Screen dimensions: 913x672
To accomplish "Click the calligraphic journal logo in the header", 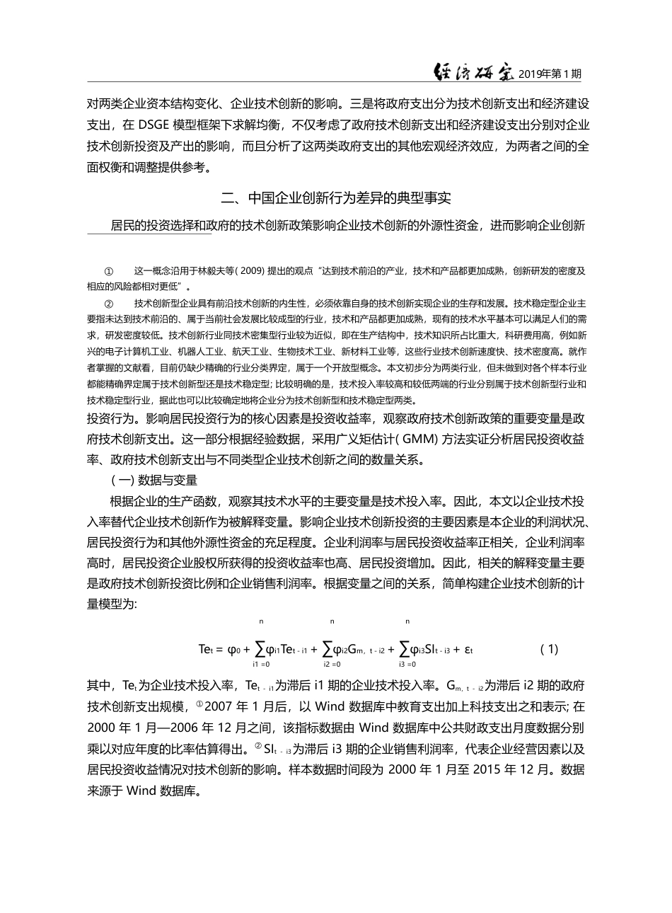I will (x=473, y=73).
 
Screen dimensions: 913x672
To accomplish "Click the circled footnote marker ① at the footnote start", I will (x=108, y=271).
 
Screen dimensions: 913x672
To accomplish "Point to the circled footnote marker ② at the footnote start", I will (x=108, y=303).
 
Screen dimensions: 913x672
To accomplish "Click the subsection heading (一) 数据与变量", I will (x=153, y=480).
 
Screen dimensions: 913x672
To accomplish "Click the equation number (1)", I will (x=548, y=648).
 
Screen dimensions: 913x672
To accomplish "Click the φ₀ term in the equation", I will (x=235, y=648).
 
